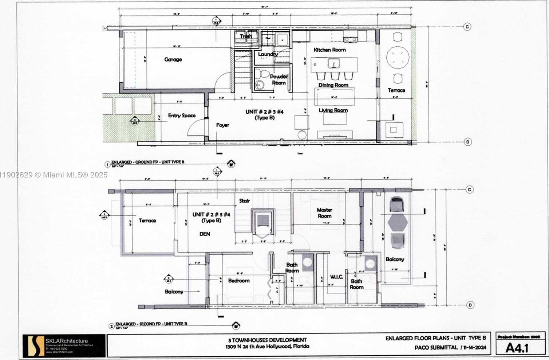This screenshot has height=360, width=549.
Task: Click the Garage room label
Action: (x=173, y=59)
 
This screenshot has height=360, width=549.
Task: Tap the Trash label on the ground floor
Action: (x=246, y=36)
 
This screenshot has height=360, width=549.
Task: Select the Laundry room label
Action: (x=268, y=54)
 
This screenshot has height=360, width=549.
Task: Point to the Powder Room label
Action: (x=279, y=79)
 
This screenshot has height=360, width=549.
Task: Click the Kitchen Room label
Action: (x=329, y=50)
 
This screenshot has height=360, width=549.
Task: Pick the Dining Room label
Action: (x=333, y=85)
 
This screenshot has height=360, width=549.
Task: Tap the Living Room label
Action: (x=333, y=110)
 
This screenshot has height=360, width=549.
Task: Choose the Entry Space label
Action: (x=182, y=116)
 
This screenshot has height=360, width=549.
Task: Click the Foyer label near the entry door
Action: (x=222, y=125)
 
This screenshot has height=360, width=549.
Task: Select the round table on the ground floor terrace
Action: (x=398, y=57)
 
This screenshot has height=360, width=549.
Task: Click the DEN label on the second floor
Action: (x=205, y=234)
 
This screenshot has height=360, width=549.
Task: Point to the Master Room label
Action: (x=324, y=212)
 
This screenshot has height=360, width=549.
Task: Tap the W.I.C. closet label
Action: (x=336, y=277)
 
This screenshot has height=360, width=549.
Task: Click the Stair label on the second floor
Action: (x=245, y=200)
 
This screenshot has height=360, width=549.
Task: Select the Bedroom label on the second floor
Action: (x=239, y=281)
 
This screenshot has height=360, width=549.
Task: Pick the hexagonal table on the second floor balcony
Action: (x=398, y=223)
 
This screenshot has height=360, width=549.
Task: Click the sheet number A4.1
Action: (x=517, y=348)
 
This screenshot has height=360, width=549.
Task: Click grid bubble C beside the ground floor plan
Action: (x=467, y=27)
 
